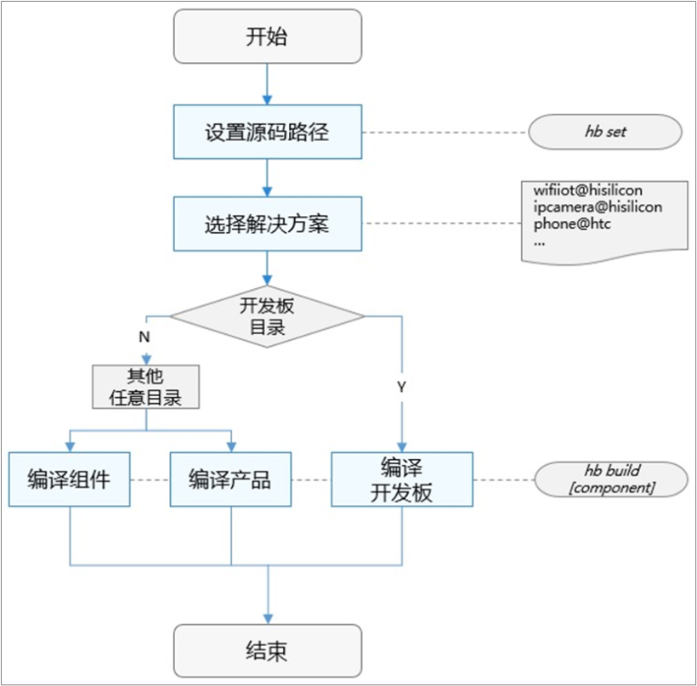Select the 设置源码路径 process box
coord(268,132)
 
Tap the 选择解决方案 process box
coord(268,224)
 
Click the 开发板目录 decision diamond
coord(268,316)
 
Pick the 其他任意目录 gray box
coord(146,387)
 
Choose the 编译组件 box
coord(70,479)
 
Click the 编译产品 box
coord(230,479)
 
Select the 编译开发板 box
coord(401,479)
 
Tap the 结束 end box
coord(268,651)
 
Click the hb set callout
coord(605,133)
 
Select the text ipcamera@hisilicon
coord(598,208)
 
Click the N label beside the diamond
coord(144,337)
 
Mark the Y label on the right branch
coord(401,387)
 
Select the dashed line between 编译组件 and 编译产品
coord(150,479)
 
